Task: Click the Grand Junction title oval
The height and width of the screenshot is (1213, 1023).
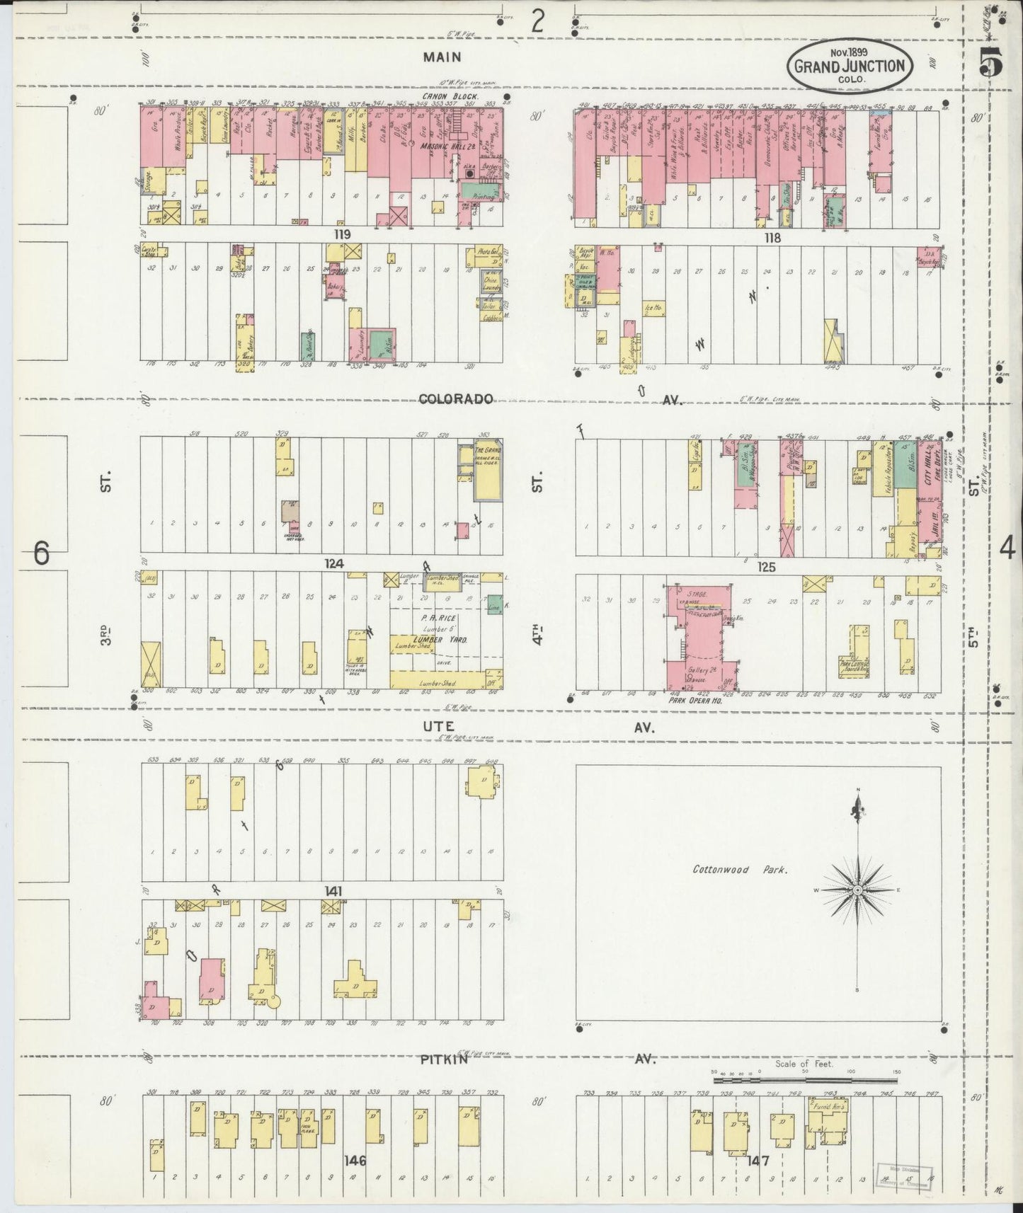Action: pyautogui.click(x=850, y=66)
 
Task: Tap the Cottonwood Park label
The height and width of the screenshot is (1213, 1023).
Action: pyautogui.click(x=740, y=870)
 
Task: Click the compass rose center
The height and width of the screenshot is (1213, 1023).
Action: pyautogui.click(x=857, y=890)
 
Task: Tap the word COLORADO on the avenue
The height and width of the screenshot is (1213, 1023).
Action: pyautogui.click(x=455, y=399)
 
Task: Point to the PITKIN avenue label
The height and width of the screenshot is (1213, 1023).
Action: pyautogui.click(x=443, y=1060)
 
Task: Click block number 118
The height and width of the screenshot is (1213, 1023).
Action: pyautogui.click(x=772, y=238)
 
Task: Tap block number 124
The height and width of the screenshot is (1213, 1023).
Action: pyautogui.click(x=334, y=563)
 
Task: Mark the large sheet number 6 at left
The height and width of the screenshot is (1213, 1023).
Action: pyautogui.click(x=42, y=553)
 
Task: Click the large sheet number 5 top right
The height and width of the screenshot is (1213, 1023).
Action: pyautogui.click(x=990, y=65)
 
